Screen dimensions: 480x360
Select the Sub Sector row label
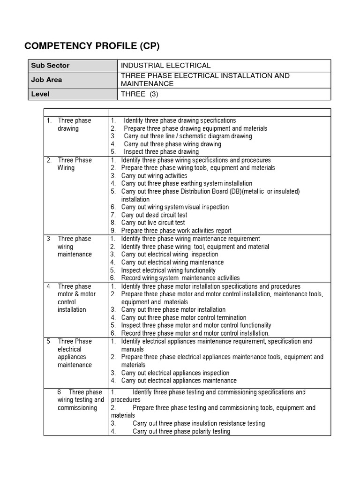click(50, 66)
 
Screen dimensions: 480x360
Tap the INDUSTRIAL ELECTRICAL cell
click(166, 66)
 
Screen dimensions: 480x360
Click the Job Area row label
click(46, 80)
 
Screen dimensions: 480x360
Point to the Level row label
click(40, 94)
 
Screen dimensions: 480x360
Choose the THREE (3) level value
click(140, 94)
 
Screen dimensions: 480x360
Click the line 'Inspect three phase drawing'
click(161, 152)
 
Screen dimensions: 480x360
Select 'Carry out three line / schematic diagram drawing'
click(187, 136)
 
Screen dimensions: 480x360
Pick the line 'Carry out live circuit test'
click(153, 223)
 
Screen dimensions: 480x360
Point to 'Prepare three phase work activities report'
click(176, 231)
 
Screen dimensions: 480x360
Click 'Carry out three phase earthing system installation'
click(187, 184)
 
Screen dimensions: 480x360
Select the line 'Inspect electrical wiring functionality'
click(168, 270)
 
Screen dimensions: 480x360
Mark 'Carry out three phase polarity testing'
click(181, 432)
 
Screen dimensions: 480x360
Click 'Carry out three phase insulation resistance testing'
click(199, 424)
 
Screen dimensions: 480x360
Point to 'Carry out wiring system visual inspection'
click(175, 207)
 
